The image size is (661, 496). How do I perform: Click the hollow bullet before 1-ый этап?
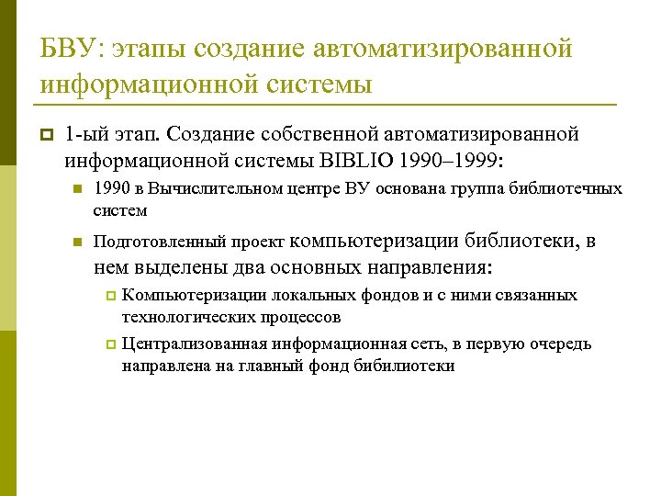46,136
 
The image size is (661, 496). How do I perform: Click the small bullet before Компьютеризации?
110,296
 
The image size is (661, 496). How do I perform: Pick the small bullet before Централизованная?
110,345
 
